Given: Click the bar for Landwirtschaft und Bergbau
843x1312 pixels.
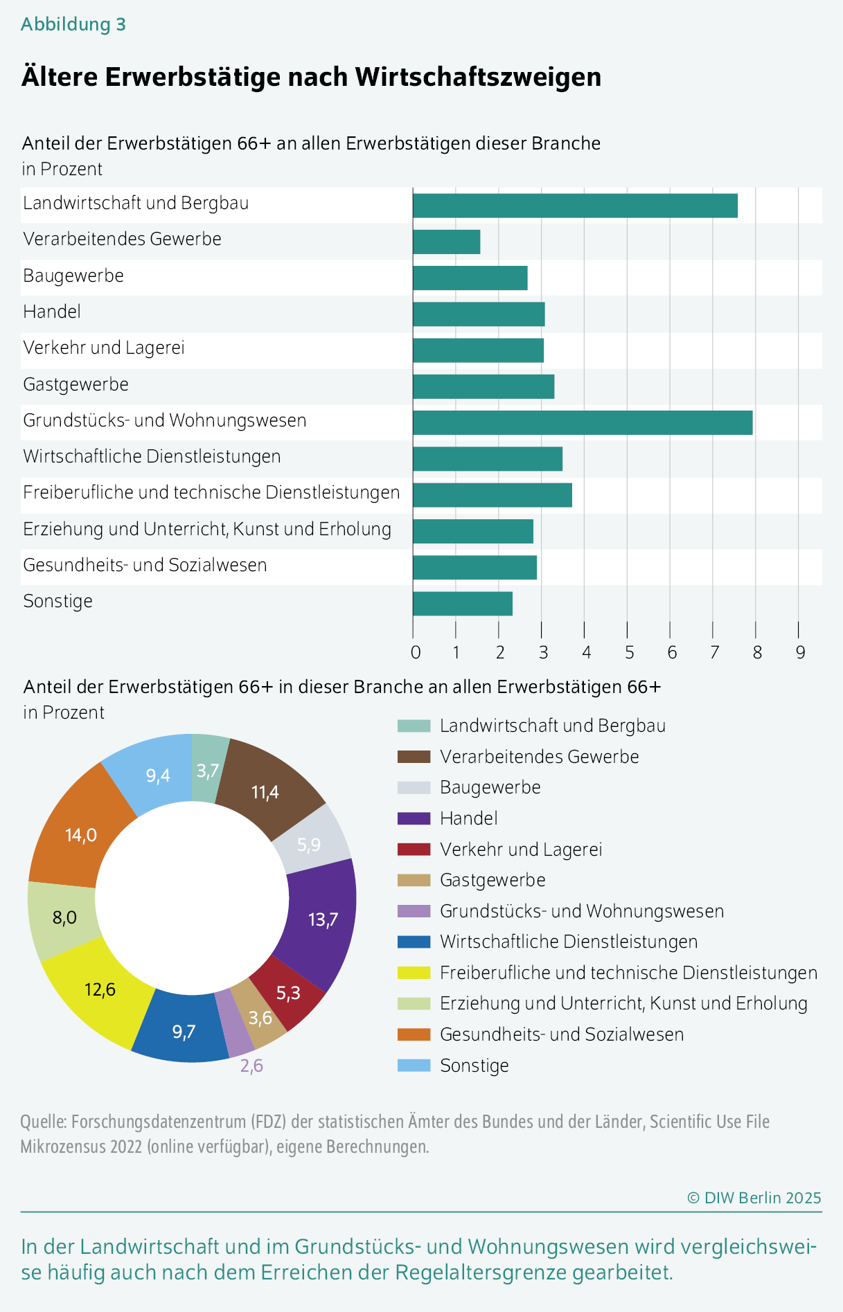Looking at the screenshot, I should point(575,206).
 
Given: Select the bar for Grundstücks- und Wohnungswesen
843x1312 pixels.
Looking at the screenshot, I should point(582,423).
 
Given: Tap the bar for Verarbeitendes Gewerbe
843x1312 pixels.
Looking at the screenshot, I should point(446,242).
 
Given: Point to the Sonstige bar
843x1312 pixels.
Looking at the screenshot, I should point(462,604).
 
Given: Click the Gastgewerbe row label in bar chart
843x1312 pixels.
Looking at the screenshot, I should point(76,385).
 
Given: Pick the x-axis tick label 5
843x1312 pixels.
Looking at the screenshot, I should point(629,652).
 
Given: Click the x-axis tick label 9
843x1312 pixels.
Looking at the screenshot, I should point(800,652).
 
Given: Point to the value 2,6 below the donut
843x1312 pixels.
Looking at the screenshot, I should point(251,1066).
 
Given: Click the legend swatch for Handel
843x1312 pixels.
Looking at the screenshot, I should point(414,818).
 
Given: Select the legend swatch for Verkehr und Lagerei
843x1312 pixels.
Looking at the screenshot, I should point(414,850).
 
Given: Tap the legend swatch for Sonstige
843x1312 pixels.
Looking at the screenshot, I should point(414,1066).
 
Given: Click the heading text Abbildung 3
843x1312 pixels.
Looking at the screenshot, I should point(73,24).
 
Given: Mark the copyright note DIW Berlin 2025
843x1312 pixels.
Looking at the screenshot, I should point(754,1198).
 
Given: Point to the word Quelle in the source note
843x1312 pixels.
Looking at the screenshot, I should point(43,1122).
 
